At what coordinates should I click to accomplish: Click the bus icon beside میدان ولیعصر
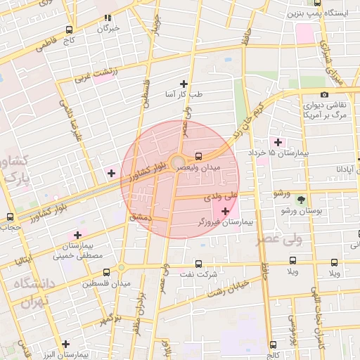[198, 157]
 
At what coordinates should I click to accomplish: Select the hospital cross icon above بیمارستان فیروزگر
[225, 211]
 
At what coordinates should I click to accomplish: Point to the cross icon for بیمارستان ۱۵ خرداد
[278, 142]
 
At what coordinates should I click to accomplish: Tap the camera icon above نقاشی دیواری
[324, 94]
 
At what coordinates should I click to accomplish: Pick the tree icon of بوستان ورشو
[301, 200]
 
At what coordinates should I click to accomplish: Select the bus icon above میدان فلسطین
[106, 272]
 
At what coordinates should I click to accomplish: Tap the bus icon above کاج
[69, 30]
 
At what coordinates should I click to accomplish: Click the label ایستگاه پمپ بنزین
[314, 13]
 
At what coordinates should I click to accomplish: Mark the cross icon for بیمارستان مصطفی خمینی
[77, 234]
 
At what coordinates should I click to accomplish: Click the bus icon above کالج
[273, 345]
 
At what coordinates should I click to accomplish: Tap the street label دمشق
[140, 218]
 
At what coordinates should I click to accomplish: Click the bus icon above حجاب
[10, 217]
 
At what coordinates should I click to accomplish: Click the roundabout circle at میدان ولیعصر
[176, 162]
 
